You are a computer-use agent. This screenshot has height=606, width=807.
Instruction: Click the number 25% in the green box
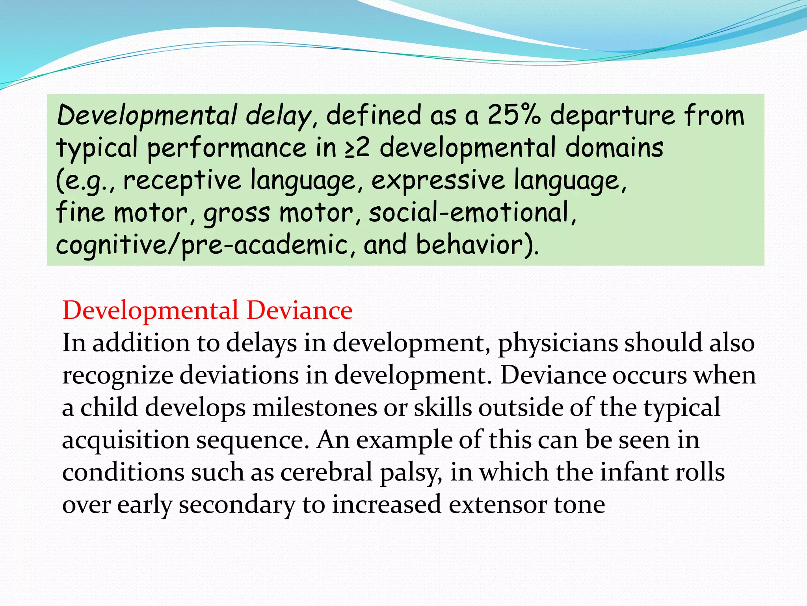[514, 115]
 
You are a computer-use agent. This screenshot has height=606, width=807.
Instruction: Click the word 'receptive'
[182, 181]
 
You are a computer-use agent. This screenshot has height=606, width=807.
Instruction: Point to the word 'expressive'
[438, 181]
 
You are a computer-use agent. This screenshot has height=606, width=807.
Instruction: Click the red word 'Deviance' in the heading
[299, 310]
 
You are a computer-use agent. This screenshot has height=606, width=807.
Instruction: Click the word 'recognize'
[117, 376]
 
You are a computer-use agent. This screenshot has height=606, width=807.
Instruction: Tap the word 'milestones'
[314, 408]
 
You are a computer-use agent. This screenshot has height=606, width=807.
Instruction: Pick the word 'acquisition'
[126, 440]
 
